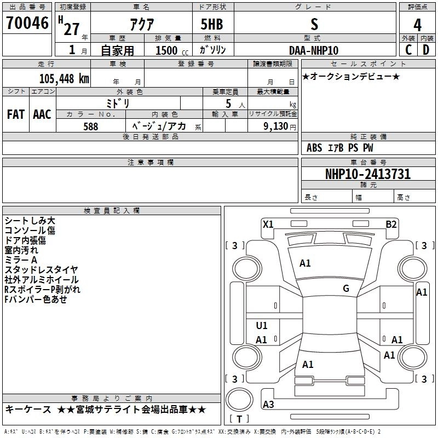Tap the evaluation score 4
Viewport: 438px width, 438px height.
417,25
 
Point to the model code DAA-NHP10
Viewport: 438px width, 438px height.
314,50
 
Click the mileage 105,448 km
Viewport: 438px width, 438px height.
64,78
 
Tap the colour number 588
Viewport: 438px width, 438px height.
91,126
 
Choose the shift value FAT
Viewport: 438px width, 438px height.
15,114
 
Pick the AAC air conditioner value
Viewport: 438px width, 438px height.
42,114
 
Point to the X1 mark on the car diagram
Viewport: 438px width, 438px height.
268,224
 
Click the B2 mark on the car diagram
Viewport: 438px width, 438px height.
391,224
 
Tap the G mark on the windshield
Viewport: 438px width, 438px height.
345,289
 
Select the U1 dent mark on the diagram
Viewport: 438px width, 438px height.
262,326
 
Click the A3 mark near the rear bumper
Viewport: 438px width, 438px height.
268,405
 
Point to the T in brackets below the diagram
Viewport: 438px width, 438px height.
239,419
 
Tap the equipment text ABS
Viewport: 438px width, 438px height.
314,148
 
